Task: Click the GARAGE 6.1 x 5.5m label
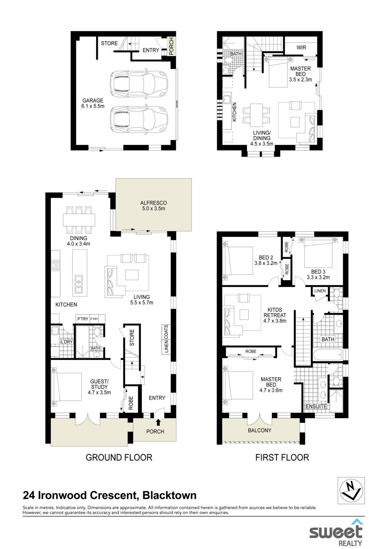[x=93, y=103]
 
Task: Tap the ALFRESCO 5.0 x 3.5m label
[x=153, y=205]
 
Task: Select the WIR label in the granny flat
[x=301, y=47]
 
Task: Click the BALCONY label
[x=260, y=430]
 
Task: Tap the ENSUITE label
[x=316, y=407]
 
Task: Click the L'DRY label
[x=66, y=342]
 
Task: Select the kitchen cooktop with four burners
[x=56, y=265]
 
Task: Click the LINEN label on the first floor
[x=320, y=290]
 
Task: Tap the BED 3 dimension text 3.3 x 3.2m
[x=318, y=277]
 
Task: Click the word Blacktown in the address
[x=169, y=495]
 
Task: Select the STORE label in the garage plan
[x=109, y=44]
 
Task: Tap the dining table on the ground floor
[x=79, y=220]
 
